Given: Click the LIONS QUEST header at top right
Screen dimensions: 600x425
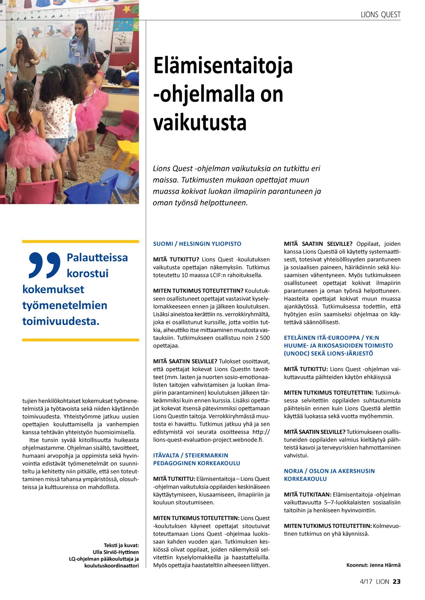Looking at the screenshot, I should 380,15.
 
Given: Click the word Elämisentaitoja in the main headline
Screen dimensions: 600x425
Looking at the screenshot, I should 223,66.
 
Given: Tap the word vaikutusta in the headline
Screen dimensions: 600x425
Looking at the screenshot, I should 200,122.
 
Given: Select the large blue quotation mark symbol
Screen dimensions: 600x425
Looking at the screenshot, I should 44,265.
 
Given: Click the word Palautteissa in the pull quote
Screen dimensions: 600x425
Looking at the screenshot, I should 97,258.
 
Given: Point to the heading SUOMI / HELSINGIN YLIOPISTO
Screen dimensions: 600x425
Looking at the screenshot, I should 197,244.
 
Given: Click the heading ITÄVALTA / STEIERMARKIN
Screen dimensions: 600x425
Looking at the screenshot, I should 191,455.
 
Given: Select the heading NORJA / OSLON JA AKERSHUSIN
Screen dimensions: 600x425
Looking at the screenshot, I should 329,471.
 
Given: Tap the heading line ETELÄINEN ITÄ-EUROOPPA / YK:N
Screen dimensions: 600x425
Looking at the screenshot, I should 331,338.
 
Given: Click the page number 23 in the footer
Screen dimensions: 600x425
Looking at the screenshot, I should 397,582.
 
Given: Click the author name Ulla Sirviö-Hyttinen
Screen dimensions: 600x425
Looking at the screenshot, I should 115,552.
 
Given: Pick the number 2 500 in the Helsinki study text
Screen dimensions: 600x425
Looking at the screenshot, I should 262,338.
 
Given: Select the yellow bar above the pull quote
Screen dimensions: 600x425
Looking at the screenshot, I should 80,242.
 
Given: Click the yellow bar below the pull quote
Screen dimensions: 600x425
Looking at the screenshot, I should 80,340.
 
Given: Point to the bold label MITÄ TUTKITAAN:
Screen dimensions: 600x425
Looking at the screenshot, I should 307,495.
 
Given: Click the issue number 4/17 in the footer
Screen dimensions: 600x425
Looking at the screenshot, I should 366,582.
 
